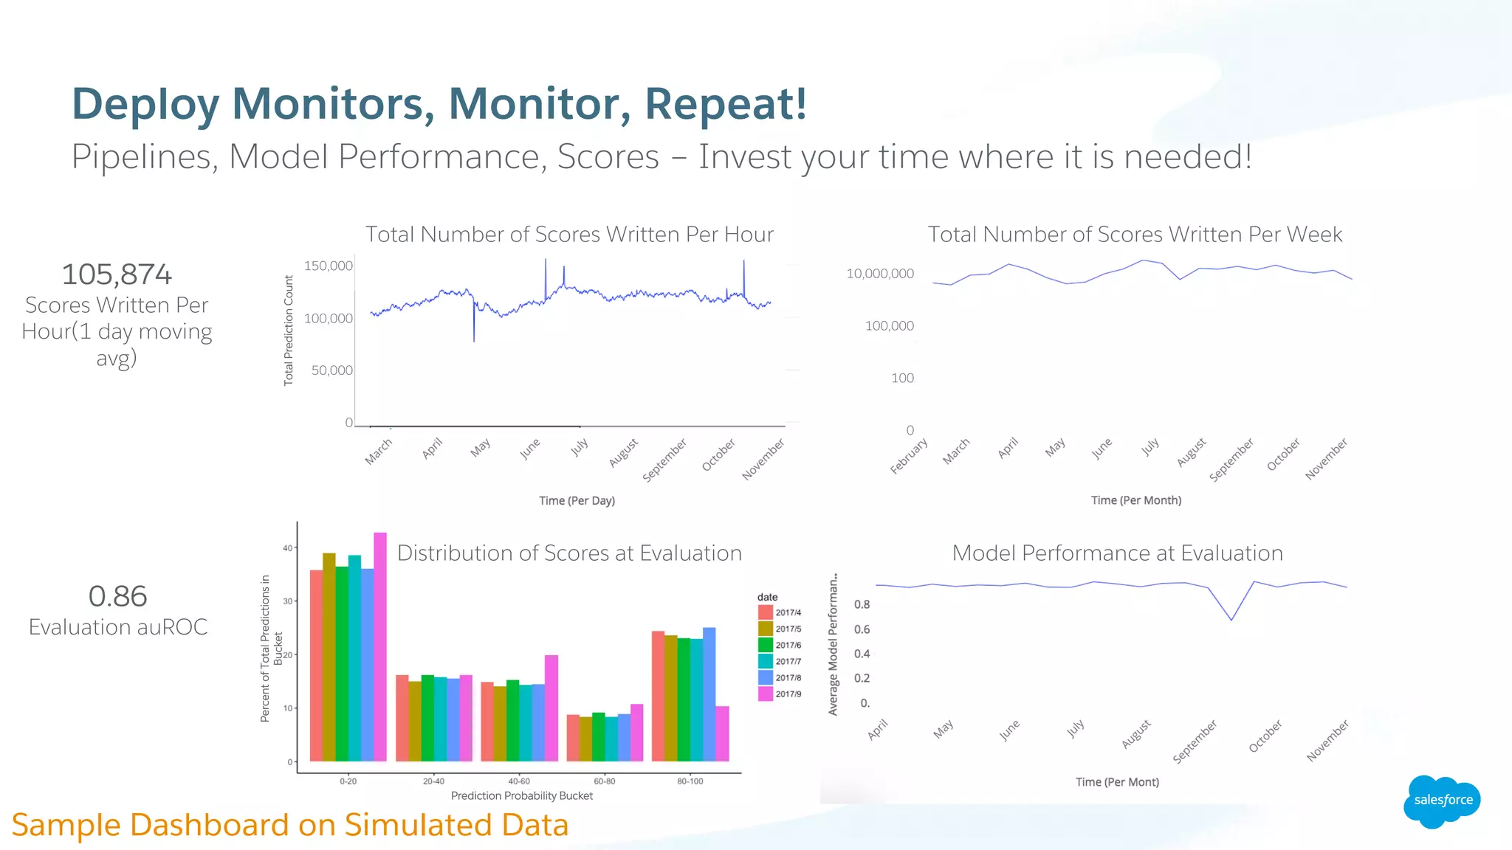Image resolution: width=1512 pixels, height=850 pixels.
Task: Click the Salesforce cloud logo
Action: [1442, 801]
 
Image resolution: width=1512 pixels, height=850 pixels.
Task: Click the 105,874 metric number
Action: [117, 274]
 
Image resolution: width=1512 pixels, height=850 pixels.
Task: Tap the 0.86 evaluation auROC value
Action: [117, 596]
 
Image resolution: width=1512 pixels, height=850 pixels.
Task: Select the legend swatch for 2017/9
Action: [765, 694]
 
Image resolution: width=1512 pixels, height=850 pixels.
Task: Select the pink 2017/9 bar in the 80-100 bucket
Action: [722, 733]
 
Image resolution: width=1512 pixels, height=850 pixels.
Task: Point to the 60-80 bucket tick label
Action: [604, 781]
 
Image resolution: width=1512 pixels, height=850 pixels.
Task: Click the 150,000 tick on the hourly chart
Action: [328, 266]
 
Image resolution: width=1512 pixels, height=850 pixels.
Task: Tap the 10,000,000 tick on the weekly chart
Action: [879, 274]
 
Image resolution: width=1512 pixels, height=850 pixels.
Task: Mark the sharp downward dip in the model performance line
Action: [1231, 619]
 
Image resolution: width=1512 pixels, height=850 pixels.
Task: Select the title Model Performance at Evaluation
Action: [1117, 553]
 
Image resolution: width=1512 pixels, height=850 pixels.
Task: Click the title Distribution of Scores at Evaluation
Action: [569, 553]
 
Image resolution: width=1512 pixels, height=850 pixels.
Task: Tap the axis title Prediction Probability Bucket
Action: [521, 795]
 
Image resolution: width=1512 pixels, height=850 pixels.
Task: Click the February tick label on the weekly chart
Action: [909, 456]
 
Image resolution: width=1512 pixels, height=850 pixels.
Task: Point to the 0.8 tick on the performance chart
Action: [862, 604]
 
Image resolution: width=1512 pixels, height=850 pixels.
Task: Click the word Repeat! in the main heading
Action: [726, 103]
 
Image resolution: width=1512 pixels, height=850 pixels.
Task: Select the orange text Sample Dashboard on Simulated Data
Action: [290, 825]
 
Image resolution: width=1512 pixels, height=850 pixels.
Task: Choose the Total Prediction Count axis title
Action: [289, 330]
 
